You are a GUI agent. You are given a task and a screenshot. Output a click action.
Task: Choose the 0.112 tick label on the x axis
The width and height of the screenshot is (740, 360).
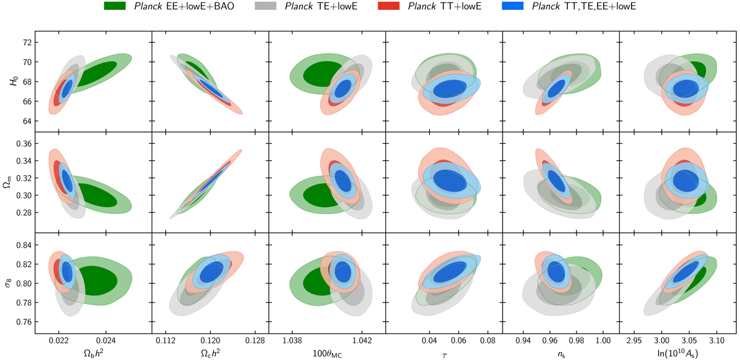165,340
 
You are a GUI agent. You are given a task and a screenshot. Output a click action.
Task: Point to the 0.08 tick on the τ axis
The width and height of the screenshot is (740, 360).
487,340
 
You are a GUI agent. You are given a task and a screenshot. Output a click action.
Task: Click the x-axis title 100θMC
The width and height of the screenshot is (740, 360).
327,353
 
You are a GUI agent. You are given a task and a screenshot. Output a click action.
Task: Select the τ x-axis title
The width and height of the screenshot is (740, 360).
443,353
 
